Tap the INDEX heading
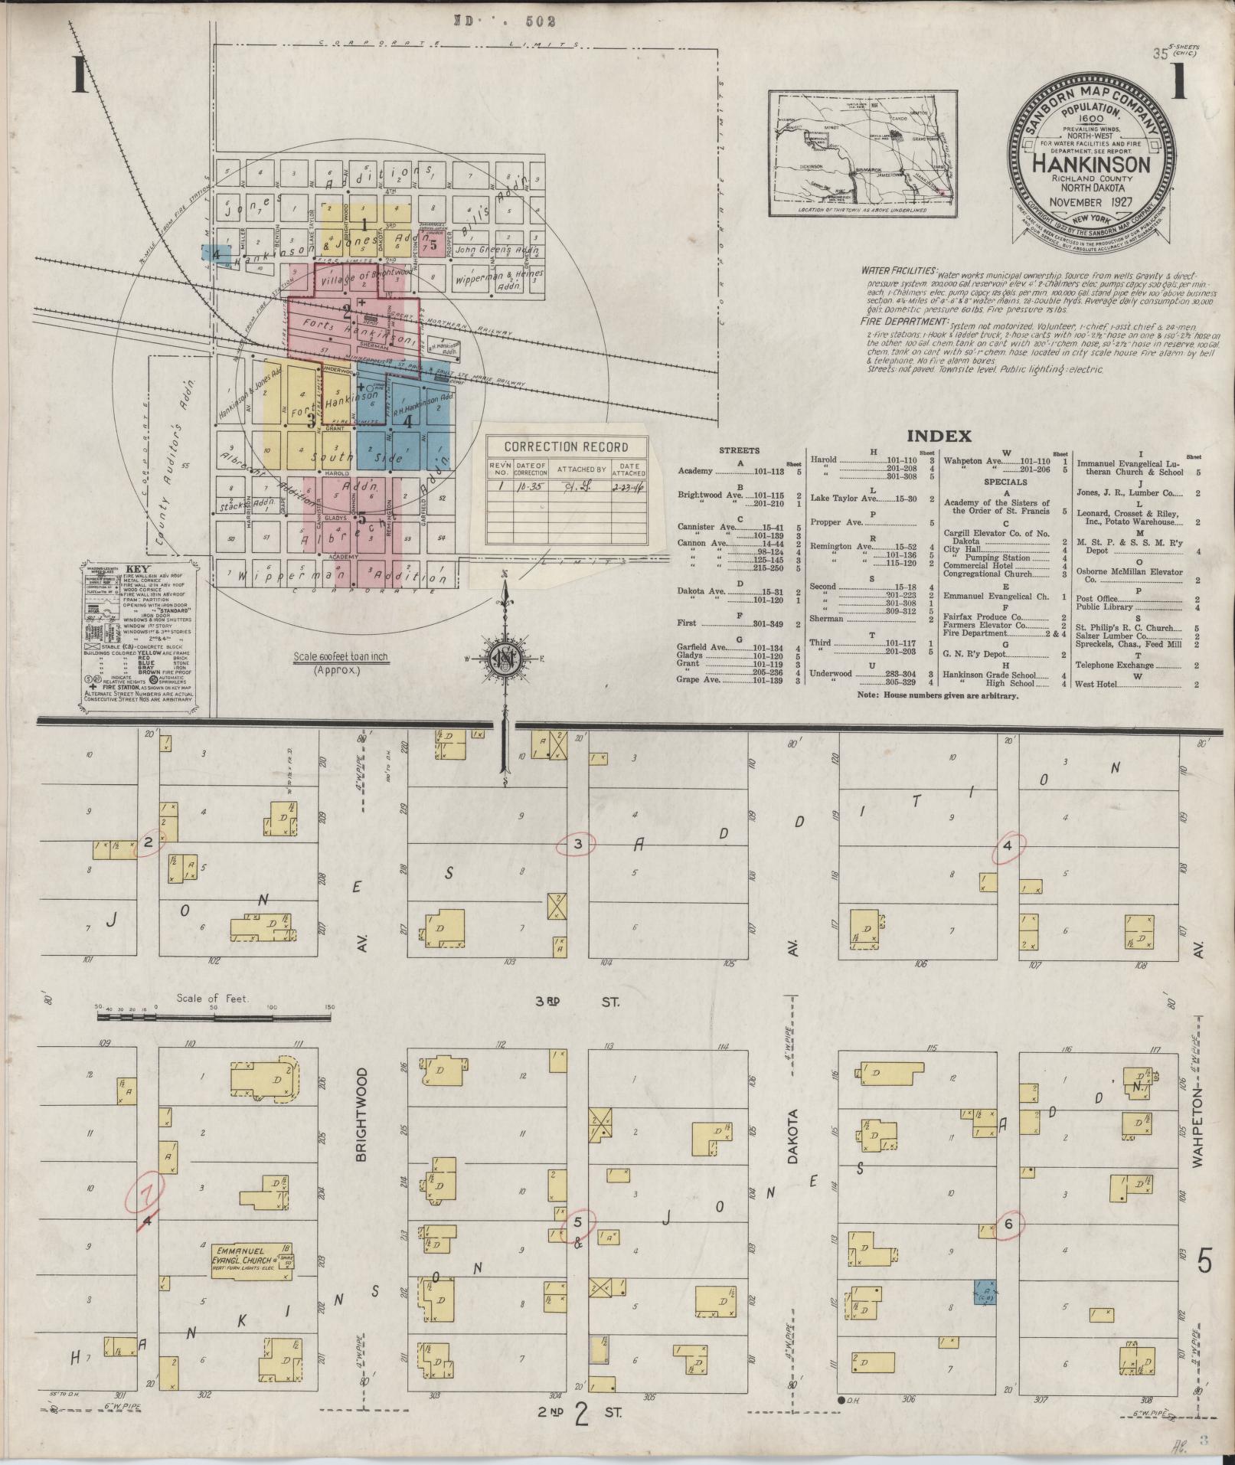(939, 437)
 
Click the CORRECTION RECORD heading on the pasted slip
(566, 447)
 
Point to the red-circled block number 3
(580, 845)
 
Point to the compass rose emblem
(505, 659)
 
